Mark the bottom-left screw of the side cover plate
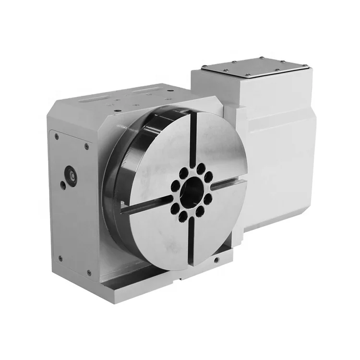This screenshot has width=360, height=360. point(60,259)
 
